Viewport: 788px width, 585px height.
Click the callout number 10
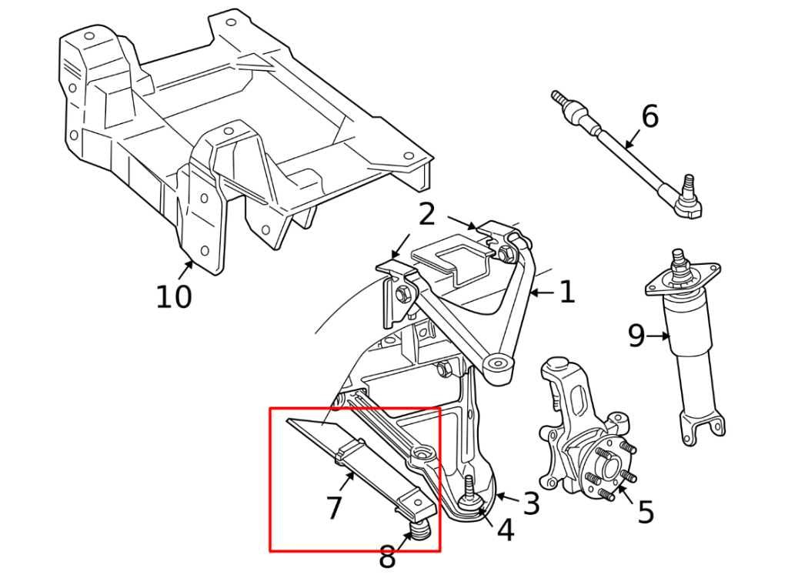[173, 296]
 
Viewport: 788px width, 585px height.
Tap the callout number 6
[649, 117]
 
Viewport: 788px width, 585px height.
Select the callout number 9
[636, 336]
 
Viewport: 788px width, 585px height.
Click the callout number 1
[566, 292]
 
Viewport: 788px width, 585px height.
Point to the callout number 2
[427, 215]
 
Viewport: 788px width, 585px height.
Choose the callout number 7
[333, 508]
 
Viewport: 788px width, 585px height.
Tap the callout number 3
[531, 504]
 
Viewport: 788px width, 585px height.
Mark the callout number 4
[505, 530]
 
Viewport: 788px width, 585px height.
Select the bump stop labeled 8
[419, 530]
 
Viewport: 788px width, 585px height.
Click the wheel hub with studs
[604, 468]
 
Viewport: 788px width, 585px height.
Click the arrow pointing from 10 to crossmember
[186, 269]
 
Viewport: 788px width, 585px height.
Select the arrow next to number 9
[659, 336]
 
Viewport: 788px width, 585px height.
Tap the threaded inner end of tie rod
[561, 101]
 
